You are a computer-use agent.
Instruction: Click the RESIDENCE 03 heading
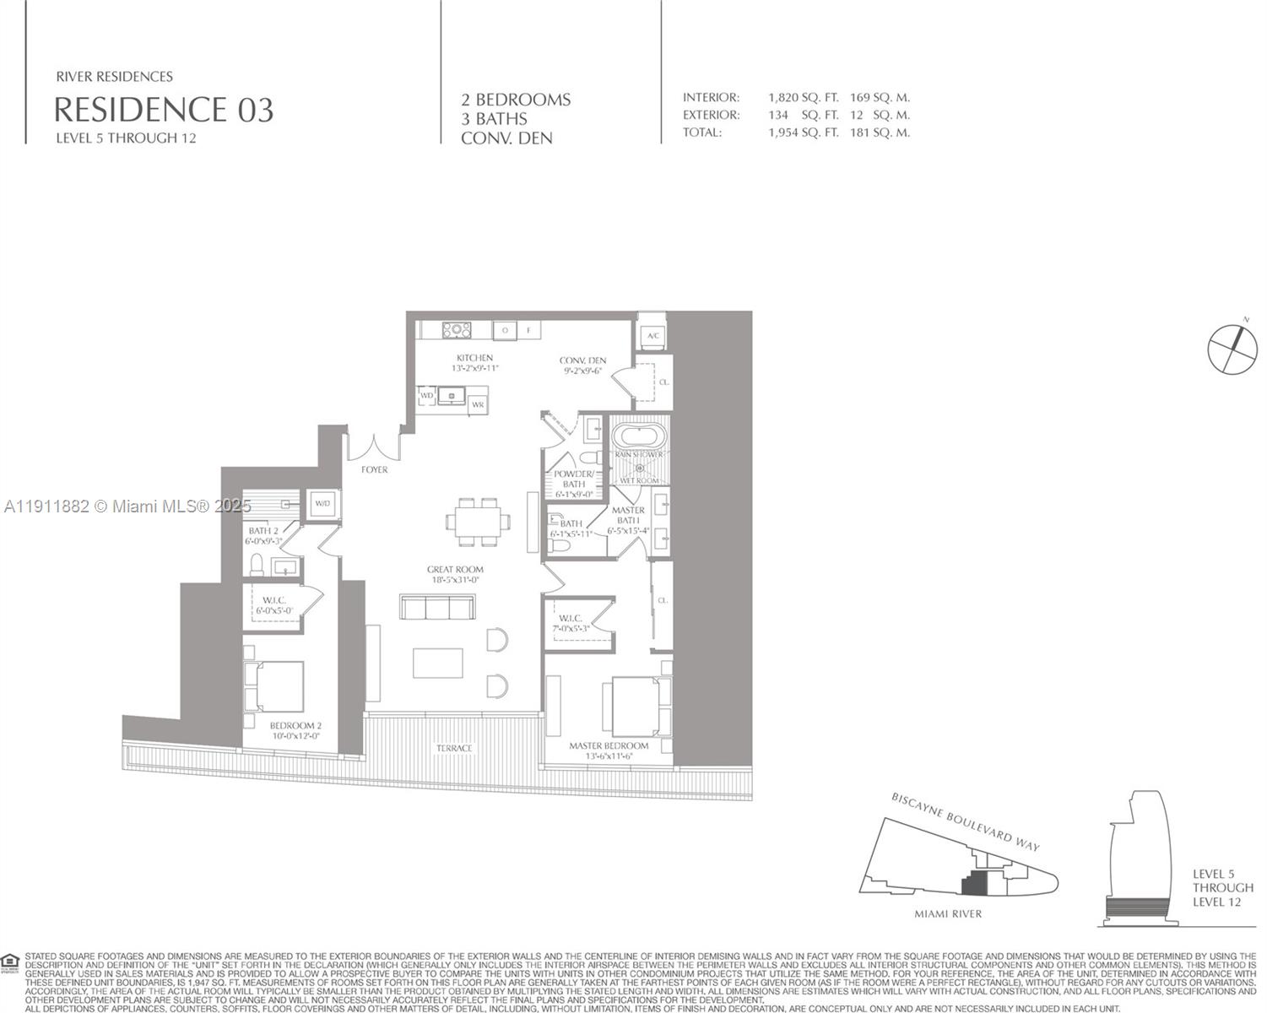coord(164,110)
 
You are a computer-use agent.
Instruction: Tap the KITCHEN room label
coord(474,358)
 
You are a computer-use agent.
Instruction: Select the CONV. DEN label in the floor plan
coord(582,360)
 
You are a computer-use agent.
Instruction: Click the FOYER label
coord(374,469)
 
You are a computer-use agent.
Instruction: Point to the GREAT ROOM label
coord(455,570)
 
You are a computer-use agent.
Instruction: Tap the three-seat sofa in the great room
coord(437,608)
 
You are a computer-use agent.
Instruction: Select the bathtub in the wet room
coord(639,436)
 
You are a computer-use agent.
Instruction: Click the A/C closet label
coord(652,336)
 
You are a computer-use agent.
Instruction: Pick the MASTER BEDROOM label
coord(609,745)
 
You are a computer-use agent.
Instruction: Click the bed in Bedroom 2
coord(273,686)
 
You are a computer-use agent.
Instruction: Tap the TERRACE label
coord(454,748)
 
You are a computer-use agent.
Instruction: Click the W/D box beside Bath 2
coord(322,504)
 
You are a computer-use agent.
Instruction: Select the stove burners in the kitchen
coord(457,330)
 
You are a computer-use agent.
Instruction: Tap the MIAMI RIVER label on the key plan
coord(948,913)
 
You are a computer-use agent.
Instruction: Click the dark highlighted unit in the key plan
coord(975,884)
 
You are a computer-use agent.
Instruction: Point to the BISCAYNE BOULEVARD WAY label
coord(966,821)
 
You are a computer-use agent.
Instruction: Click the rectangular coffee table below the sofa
coord(437,663)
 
